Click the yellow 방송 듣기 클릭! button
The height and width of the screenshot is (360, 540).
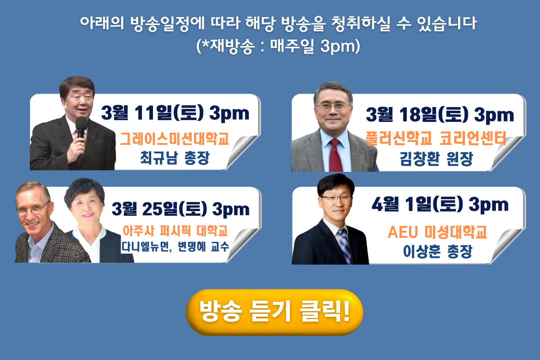[x=274, y=312]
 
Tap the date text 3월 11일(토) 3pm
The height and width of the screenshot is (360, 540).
[x=175, y=113]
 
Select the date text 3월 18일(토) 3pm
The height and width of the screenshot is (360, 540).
[x=440, y=115]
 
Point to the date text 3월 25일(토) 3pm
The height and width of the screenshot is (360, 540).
[x=180, y=209]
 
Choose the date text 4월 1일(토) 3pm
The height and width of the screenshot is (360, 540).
[x=440, y=204]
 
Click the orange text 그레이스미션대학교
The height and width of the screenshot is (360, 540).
[x=174, y=139]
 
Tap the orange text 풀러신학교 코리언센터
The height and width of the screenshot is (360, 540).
[x=436, y=138]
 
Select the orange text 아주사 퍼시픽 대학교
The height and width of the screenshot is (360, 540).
[x=175, y=230]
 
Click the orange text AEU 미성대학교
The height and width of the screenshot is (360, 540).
[x=437, y=232]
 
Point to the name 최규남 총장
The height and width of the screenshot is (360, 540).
[x=175, y=158]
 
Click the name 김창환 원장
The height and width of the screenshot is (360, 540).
[x=436, y=159]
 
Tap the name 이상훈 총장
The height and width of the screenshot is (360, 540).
[x=437, y=252]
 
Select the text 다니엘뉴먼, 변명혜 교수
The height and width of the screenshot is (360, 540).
[x=175, y=247]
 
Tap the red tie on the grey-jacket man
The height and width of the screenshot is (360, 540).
[x=336, y=155]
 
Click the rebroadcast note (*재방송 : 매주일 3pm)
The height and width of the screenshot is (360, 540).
[x=278, y=46]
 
